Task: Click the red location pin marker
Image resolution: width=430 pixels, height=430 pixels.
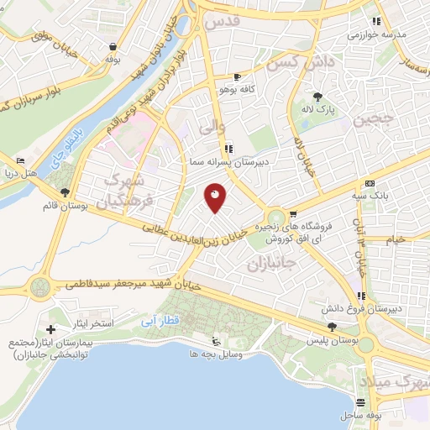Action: coord(215,197)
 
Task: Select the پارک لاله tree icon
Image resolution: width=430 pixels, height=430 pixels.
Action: coord(318,97)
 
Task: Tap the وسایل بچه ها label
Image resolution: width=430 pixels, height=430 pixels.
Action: coord(215,355)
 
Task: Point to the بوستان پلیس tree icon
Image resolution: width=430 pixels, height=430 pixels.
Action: coord(333,328)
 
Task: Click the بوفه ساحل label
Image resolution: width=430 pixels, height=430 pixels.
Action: coord(361,416)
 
